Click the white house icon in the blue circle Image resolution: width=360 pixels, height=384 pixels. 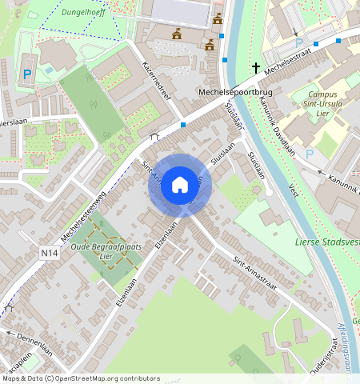[x=180, y=185]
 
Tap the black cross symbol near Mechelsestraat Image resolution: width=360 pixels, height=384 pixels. [x=256, y=69]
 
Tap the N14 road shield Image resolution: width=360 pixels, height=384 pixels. [x=50, y=253]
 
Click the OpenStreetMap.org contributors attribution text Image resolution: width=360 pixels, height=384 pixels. [x=104, y=378]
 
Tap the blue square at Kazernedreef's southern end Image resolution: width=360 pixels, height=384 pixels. [x=183, y=125]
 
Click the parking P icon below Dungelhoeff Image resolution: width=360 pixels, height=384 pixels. [x=27, y=74]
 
